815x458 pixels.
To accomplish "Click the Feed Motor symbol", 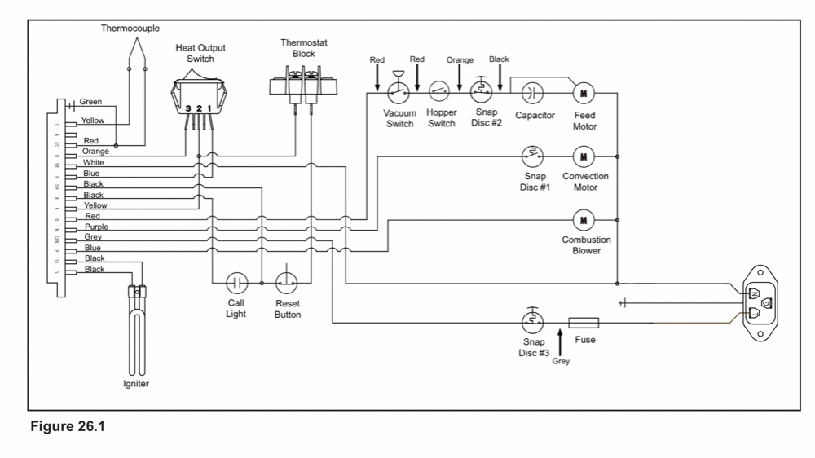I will tap(584, 91).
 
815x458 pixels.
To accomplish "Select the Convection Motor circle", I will tap(584, 154).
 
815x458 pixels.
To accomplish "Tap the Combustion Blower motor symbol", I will tap(584, 218).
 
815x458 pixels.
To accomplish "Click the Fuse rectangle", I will tap(584, 322).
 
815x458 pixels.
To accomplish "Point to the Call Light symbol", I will tap(236, 283).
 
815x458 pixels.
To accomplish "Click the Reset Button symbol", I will tap(287, 283).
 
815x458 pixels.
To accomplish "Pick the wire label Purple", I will tap(96, 227).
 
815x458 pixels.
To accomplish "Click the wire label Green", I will tap(90, 102).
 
